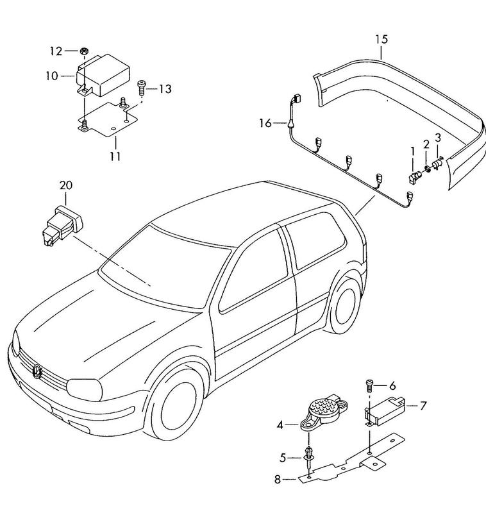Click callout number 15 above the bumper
tap(381, 39)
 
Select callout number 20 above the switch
tap(67, 185)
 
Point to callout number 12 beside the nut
tap(56, 50)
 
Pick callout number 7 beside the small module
tap(424, 405)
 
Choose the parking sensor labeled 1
tap(414, 174)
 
